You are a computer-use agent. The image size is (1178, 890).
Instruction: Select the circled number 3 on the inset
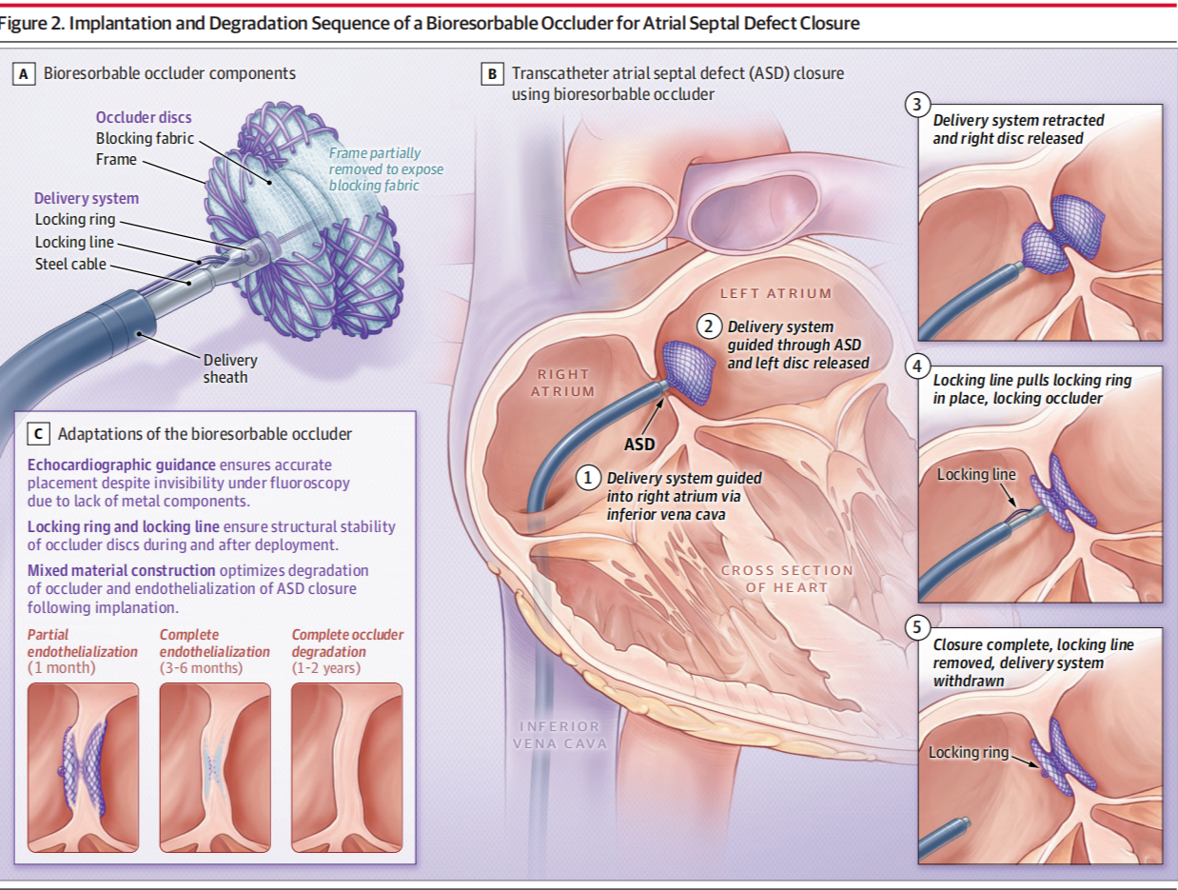pos(916,106)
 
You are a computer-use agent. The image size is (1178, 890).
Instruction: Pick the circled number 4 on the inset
pos(916,366)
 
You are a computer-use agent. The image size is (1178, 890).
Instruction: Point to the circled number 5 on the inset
pos(916,628)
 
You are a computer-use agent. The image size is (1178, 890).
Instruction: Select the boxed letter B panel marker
pos(492,73)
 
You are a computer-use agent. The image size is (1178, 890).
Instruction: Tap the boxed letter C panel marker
pos(39,434)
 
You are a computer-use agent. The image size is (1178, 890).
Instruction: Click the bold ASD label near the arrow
pos(639,444)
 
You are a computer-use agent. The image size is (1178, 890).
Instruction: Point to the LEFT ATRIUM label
pos(776,293)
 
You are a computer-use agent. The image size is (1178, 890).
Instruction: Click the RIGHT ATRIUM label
pos(563,383)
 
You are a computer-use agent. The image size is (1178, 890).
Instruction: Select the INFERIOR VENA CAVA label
pos(560,734)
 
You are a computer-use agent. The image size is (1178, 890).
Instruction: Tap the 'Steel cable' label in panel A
pos(71,264)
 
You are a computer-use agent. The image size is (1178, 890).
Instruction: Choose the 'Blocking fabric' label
pos(145,138)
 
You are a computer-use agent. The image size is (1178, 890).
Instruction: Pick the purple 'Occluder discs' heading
pos(144,117)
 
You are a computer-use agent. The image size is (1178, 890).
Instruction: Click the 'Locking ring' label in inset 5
pos(969,752)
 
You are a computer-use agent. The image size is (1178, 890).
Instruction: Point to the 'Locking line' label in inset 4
pos(976,474)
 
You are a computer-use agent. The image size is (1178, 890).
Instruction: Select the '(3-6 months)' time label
pos(201,668)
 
